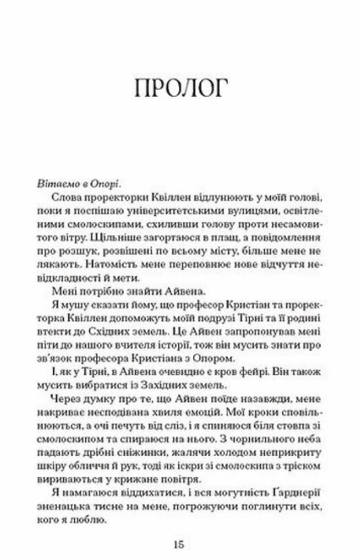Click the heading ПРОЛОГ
179,88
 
